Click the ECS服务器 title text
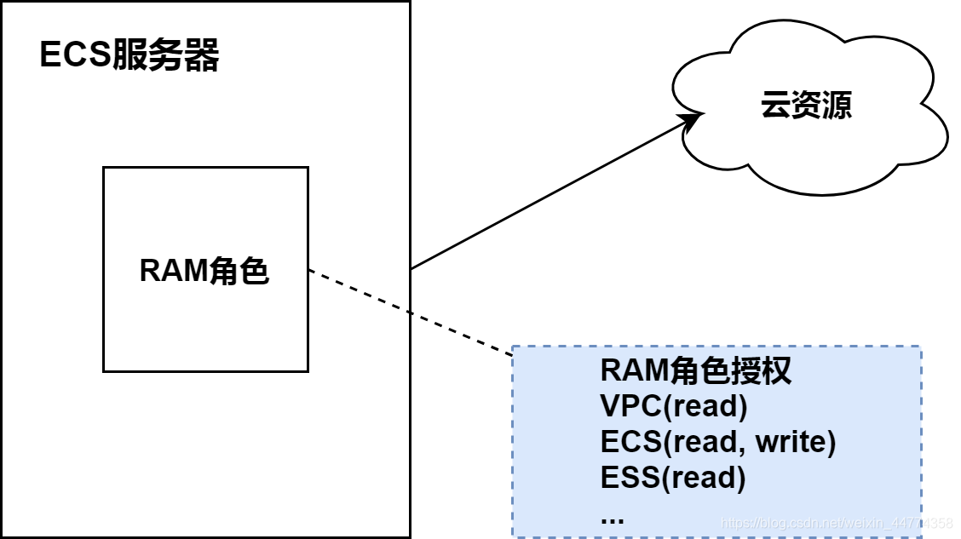coord(129,56)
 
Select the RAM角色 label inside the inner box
coord(204,271)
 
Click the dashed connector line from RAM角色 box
coord(409,311)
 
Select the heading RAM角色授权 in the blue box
coord(696,371)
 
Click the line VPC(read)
coord(674,407)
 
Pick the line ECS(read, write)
coord(718,443)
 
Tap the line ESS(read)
coord(673,478)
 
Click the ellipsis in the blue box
coord(612,517)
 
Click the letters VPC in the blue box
coord(630,407)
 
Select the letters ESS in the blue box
coord(630,478)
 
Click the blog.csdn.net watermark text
coord(835,522)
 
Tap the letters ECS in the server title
coord(76,56)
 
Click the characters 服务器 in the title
coord(166,56)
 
